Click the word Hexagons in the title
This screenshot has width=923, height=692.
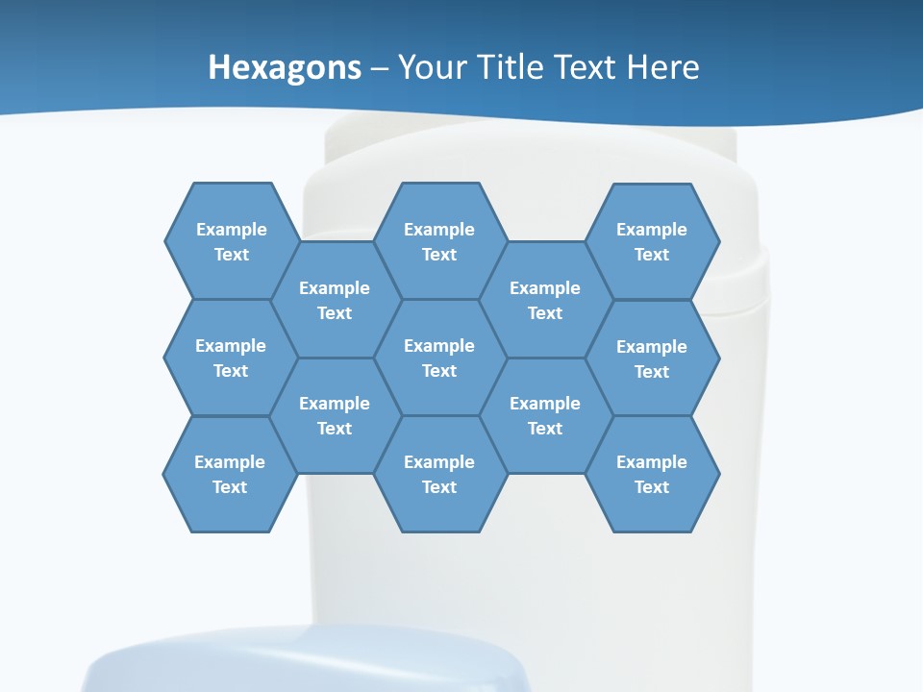[285, 67]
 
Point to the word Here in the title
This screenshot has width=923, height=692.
[663, 67]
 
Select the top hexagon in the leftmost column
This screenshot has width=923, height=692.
[231, 241]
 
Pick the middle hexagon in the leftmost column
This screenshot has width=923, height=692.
[231, 358]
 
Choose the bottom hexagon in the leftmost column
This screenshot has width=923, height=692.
[230, 474]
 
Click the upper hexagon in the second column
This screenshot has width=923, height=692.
[335, 300]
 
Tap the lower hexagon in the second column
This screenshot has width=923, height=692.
[335, 415]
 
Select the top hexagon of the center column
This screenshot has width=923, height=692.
[439, 241]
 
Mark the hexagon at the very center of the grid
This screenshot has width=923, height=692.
[439, 358]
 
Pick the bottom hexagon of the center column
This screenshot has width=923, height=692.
[439, 474]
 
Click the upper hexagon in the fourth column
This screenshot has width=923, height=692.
[545, 300]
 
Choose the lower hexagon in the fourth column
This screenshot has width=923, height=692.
[545, 415]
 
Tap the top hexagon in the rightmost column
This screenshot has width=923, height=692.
[652, 241]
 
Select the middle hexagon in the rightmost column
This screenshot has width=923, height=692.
[652, 358]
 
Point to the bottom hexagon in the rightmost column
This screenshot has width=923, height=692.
[652, 474]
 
